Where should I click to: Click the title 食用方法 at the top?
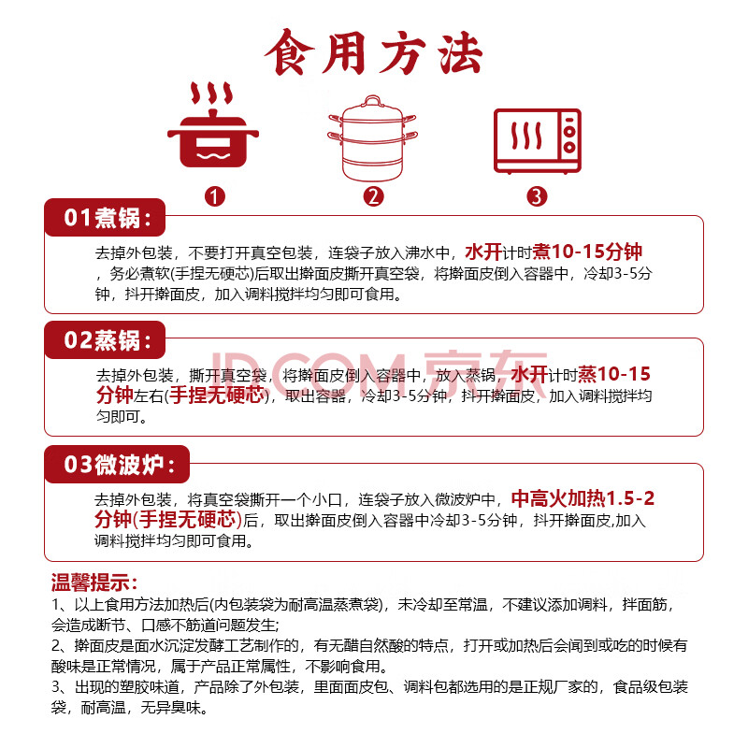point(373,52)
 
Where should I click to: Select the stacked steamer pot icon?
point(372,138)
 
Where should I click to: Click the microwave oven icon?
point(537,141)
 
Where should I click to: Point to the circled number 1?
point(214,196)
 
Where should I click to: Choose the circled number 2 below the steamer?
point(373,196)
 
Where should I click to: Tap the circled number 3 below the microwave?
point(537,196)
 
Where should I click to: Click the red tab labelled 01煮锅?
point(105,218)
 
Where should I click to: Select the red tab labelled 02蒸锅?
point(105,340)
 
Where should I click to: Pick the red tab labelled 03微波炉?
point(117,464)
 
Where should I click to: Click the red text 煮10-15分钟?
point(587,252)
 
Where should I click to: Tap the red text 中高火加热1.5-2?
point(583,498)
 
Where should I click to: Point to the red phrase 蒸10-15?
point(614,374)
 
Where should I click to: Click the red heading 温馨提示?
point(94,583)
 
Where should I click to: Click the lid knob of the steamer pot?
point(372,101)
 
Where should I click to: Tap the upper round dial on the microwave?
point(568,130)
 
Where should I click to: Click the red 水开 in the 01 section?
point(483,252)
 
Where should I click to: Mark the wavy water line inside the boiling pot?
point(213,155)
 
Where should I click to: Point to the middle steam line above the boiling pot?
point(213,93)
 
